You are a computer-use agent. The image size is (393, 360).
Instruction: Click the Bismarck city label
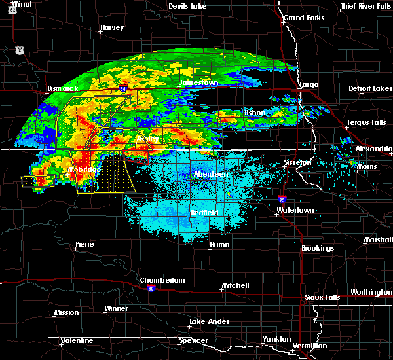click(x=63, y=88)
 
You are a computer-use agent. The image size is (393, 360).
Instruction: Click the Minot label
click(x=22, y=4)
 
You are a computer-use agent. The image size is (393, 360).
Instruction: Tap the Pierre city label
click(x=84, y=244)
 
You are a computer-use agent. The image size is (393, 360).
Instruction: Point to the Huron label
click(x=219, y=245)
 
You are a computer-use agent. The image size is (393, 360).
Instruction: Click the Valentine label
click(x=77, y=340)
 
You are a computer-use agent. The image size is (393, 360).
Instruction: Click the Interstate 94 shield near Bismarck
click(x=123, y=86)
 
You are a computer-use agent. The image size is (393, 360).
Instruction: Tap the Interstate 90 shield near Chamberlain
click(x=151, y=288)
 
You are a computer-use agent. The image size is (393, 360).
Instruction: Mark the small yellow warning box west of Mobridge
click(x=36, y=181)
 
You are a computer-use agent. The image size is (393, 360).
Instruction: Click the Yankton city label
click(x=276, y=339)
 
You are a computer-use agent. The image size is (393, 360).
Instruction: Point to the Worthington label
click(x=371, y=292)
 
